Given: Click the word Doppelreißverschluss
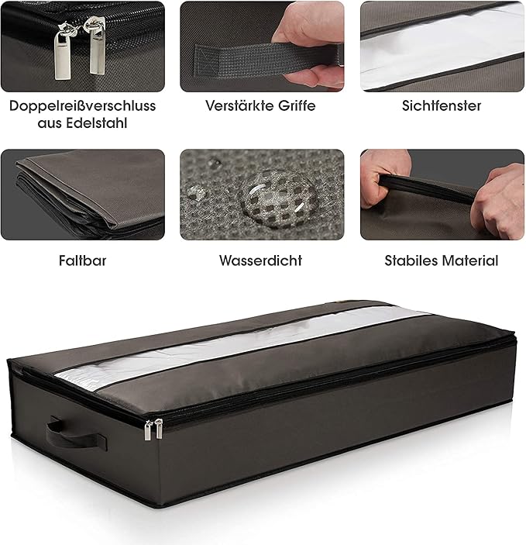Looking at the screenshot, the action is [82, 106].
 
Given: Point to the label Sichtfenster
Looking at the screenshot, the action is [442, 105].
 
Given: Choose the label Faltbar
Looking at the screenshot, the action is [82, 260].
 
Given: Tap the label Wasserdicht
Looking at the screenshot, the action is [260, 260].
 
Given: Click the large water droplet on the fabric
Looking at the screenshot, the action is [277, 198].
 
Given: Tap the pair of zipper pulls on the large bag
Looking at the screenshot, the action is [153, 429].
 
